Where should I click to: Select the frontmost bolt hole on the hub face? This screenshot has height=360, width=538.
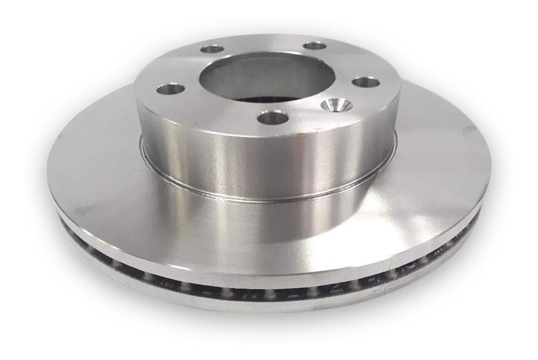[x=273, y=118]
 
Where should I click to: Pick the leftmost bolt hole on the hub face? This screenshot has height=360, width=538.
[x=171, y=89]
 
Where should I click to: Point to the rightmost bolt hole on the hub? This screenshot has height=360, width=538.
[x=365, y=82]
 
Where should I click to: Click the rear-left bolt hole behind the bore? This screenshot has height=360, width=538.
[x=212, y=49]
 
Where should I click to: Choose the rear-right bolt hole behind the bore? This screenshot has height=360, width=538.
[x=314, y=46]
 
